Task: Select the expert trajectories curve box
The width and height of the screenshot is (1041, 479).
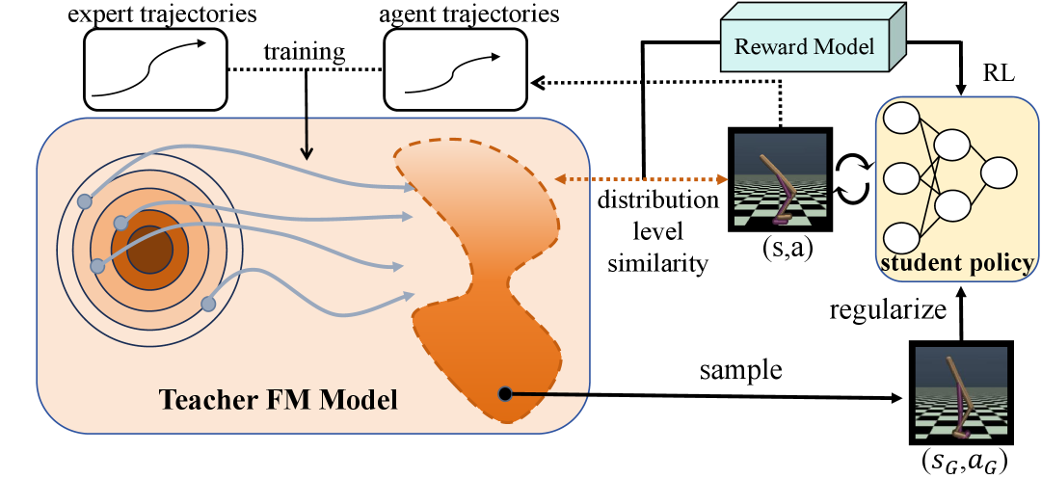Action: coord(153,67)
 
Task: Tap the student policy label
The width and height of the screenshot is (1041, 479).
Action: coord(956,263)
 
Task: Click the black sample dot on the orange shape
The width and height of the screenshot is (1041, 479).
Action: coord(505,393)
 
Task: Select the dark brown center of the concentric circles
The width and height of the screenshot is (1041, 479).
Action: coord(149,253)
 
